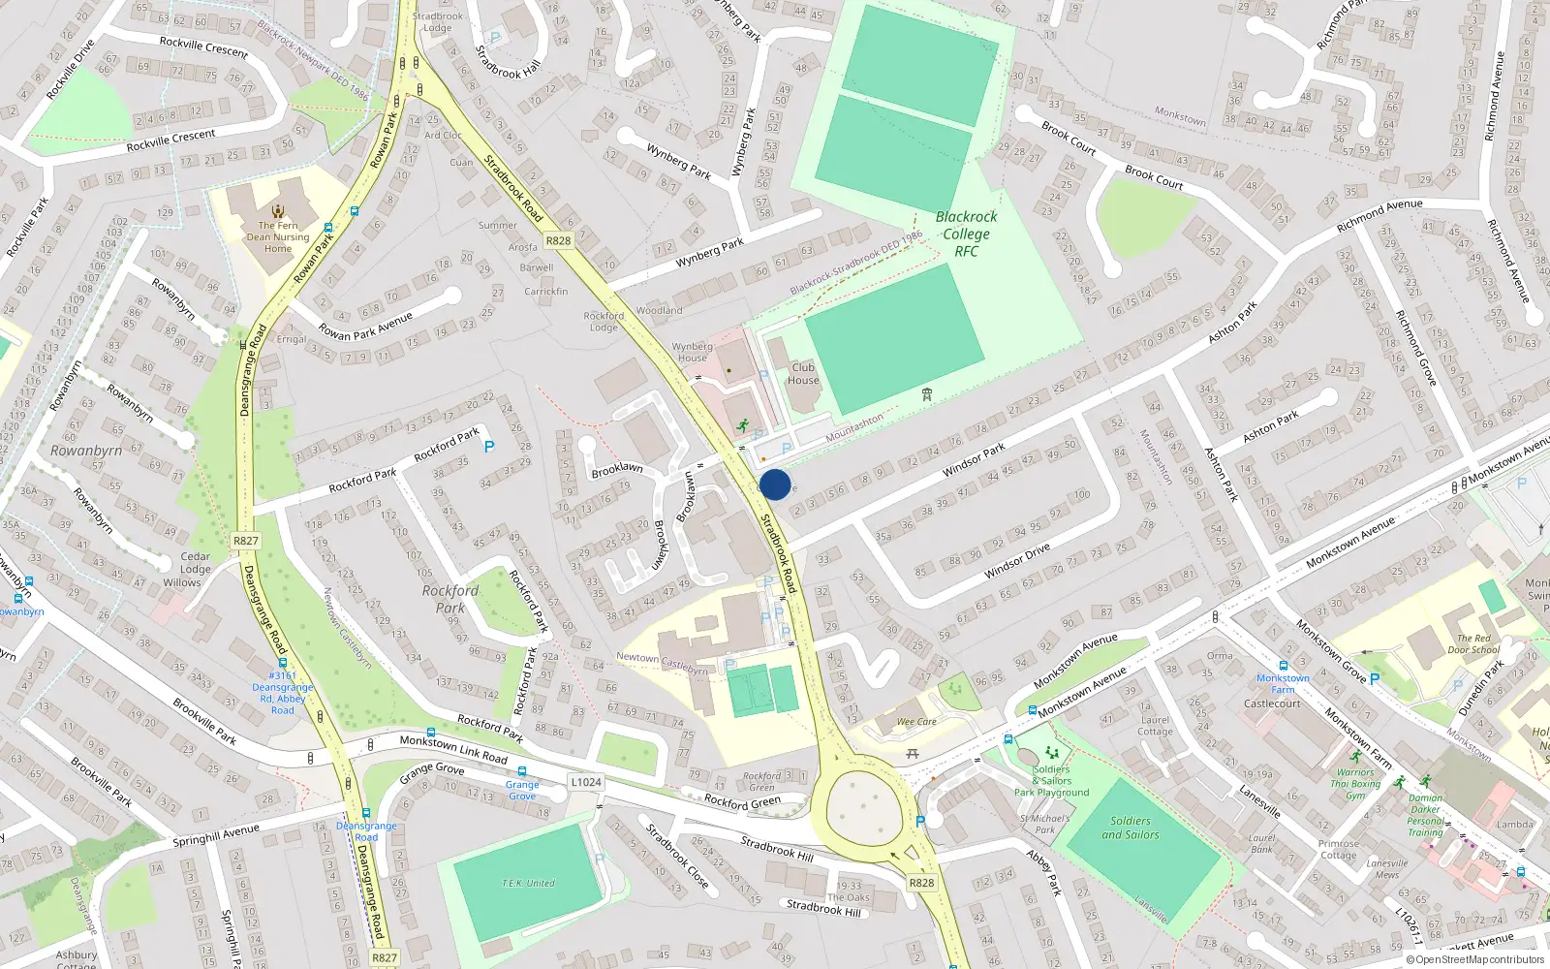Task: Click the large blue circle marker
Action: tap(775, 484)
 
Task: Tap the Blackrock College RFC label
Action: tap(966, 234)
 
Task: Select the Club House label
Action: tap(803, 374)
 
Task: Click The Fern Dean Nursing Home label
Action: tap(278, 236)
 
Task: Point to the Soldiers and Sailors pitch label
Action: tap(1131, 828)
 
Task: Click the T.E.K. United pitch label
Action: tap(528, 883)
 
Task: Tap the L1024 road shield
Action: tap(585, 782)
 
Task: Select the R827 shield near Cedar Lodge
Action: tap(246, 541)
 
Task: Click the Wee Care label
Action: tap(916, 722)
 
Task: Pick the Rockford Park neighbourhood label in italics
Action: tap(449, 599)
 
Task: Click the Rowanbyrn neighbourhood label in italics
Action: tap(86, 451)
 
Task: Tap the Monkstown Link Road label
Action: tap(453, 748)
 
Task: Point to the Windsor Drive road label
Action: tap(1017, 561)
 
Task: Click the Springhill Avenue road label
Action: tap(216, 835)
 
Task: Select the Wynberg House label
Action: tap(692, 352)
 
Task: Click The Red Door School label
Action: tap(1473, 644)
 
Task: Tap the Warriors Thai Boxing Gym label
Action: tap(1355, 784)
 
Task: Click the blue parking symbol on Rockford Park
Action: tap(489, 447)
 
